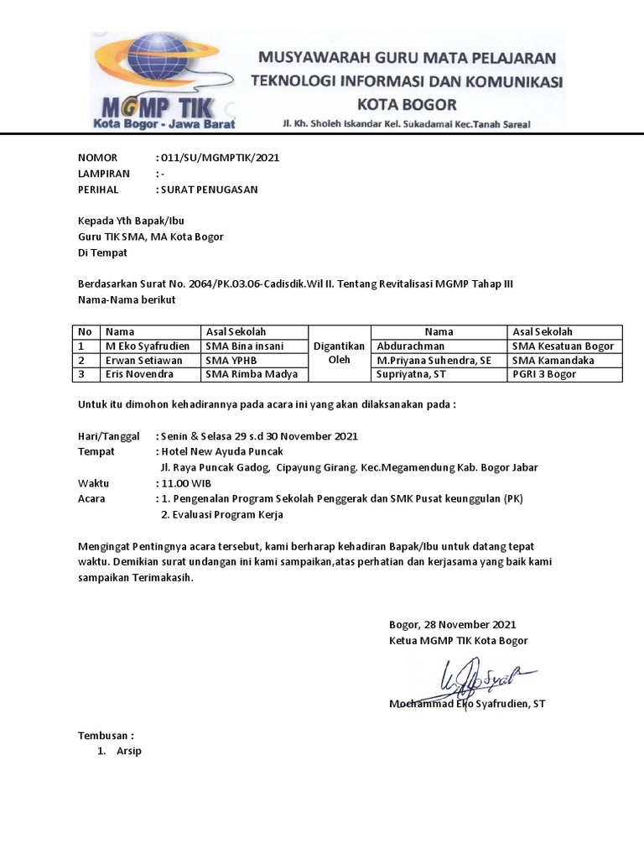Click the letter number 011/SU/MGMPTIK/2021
pos(220,158)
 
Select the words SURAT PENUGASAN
pos(209,190)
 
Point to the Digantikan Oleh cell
pos(339,353)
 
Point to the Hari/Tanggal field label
pos(108,436)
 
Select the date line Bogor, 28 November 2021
pos(453,624)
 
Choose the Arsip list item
pos(129,751)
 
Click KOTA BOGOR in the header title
pos(408,105)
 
